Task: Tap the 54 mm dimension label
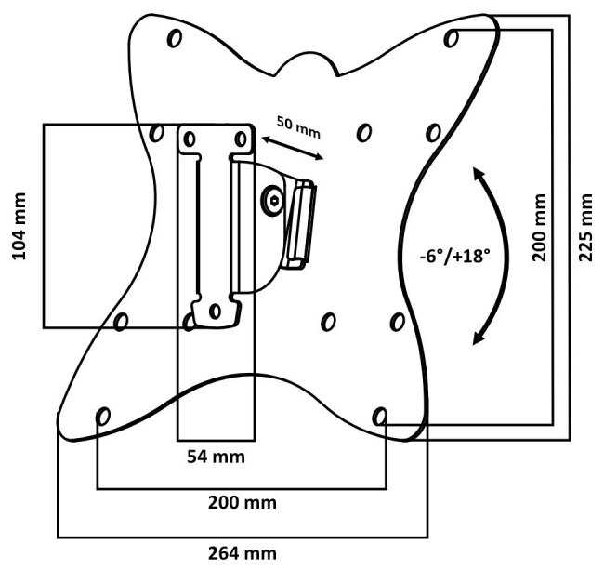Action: pyautogui.click(x=216, y=457)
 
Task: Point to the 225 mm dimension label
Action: pyautogui.click(x=586, y=228)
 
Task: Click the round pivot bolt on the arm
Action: pyautogui.click(x=272, y=200)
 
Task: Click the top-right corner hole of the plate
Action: pyautogui.click(x=452, y=38)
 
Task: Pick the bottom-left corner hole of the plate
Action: pyautogui.click(x=103, y=415)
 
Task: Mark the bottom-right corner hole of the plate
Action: pyautogui.click(x=380, y=416)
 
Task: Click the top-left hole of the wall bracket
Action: pyautogui.click(x=190, y=139)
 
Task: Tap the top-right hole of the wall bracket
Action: pyautogui.click(x=242, y=139)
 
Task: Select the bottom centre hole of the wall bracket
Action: pyautogui.click(x=215, y=311)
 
